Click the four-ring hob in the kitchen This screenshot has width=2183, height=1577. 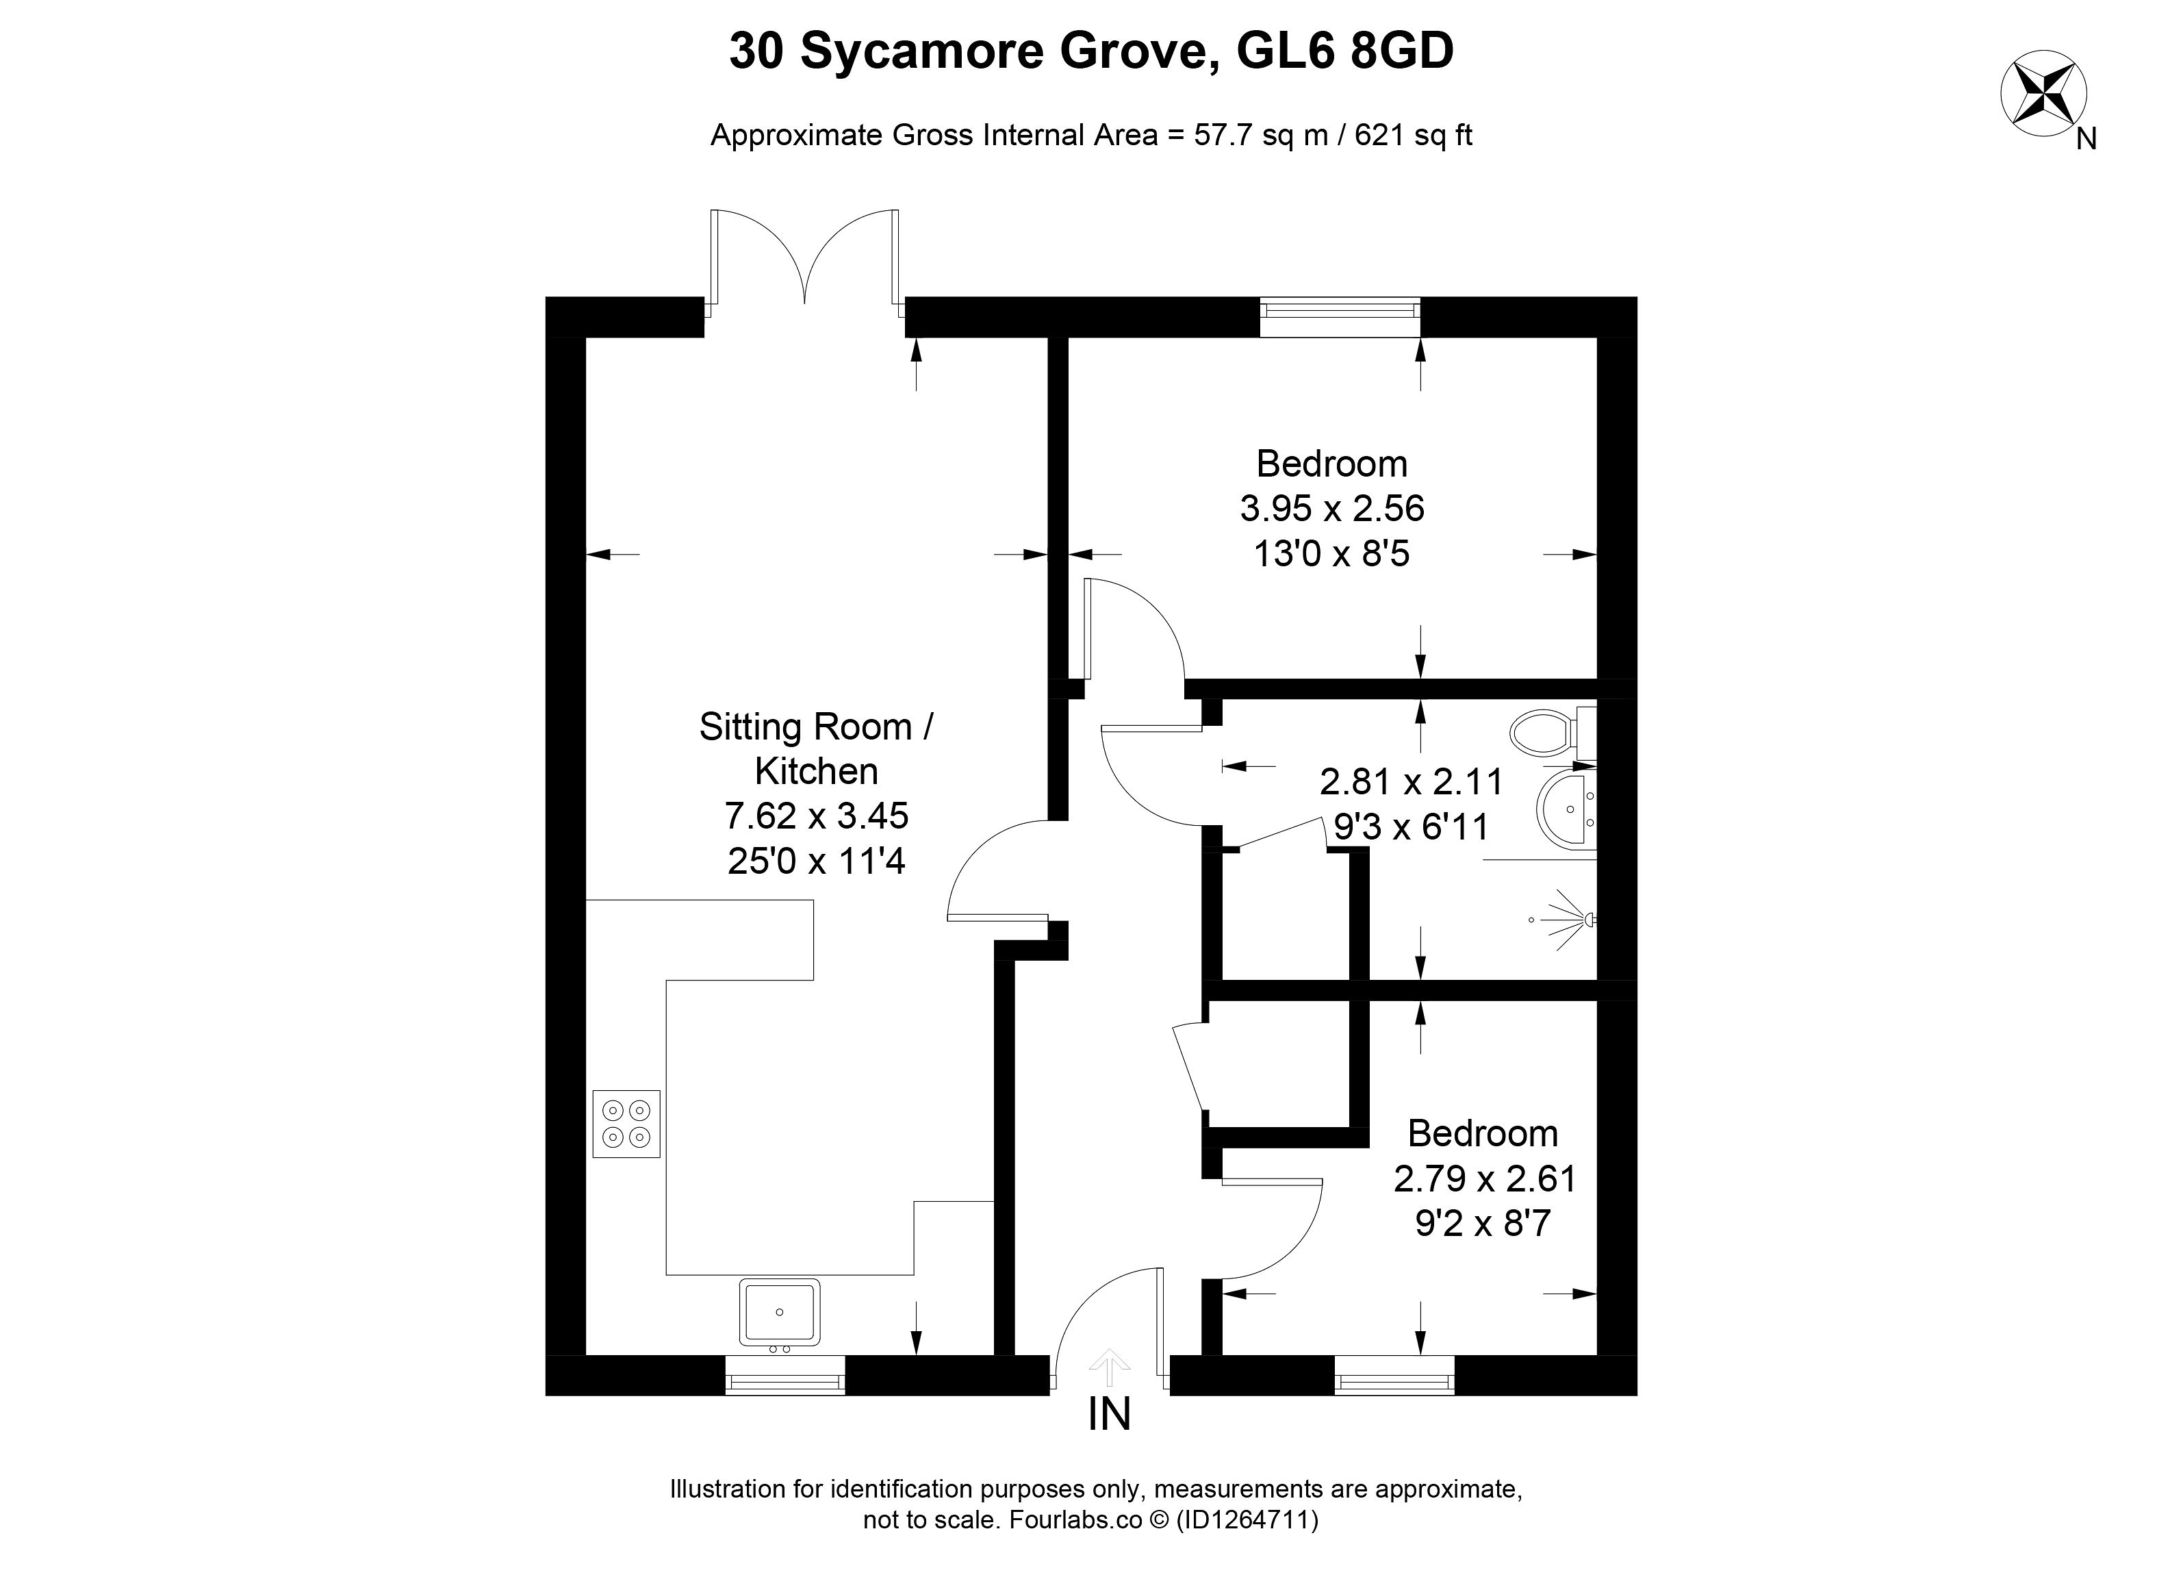[x=626, y=1124]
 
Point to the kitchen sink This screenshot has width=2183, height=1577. [x=780, y=1312]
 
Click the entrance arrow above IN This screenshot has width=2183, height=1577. [x=1109, y=1365]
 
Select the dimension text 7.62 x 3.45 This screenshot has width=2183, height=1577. [x=816, y=816]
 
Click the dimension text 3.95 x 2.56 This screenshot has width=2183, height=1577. [x=1332, y=507]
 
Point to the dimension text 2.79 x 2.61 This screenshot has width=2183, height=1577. [x=1484, y=1178]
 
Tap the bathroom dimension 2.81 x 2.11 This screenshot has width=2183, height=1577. [x=1411, y=782]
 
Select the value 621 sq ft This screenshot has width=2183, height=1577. [x=1414, y=135]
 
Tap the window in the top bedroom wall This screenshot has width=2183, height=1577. [x=1340, y=317]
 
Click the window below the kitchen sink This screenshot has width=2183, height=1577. [x=785, y=1375]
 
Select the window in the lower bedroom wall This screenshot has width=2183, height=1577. [x=1394, y=1375]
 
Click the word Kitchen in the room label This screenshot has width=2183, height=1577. [x=816, y=771]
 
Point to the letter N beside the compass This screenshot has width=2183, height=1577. [x=2086, y=140]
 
